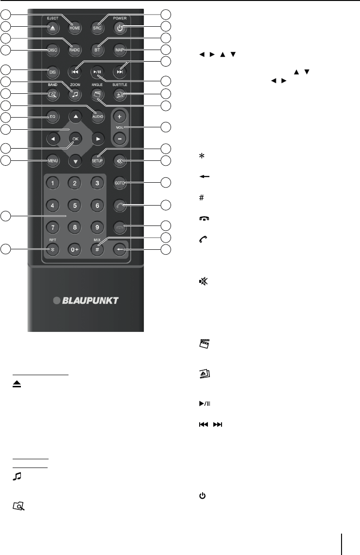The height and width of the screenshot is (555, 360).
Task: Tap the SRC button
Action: pos(97,28)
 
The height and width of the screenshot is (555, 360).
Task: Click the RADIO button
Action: pos(74,49)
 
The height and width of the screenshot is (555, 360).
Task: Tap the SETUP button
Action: pos(97,160)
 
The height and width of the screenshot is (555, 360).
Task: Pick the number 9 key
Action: pos(97,226)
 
